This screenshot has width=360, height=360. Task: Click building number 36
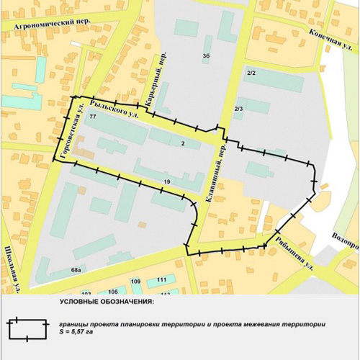click(x=206, y=56)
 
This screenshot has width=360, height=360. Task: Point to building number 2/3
click(x=239, y=109)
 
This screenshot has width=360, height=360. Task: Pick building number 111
click(x=161, y=279)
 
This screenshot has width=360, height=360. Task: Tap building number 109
click(x=135, y=281)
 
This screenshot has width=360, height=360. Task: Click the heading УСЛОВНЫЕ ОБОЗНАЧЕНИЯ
click(x=101, y=301)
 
